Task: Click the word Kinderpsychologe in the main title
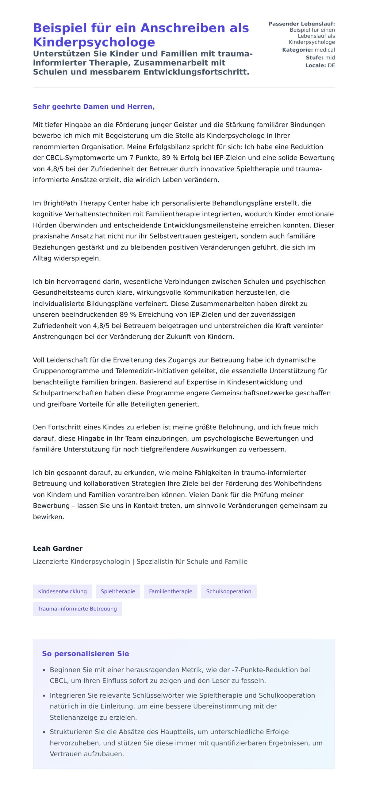(94, 42)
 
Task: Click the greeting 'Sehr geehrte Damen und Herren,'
(94, 106)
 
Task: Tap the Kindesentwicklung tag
(62, 591)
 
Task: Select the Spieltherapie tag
(118, 591)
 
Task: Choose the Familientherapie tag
(171, 591)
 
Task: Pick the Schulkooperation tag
(228, 591)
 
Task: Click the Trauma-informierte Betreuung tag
(77, 609)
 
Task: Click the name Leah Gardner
(58, 548)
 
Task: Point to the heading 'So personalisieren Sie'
(85, 654)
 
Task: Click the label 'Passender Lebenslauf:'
(302, 24)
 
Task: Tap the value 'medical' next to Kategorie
(325, 50)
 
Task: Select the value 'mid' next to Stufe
(330, 58)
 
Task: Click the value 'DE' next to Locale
(331, 65)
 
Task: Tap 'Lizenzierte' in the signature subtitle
(51, 562)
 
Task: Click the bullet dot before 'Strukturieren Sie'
(44, 732)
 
